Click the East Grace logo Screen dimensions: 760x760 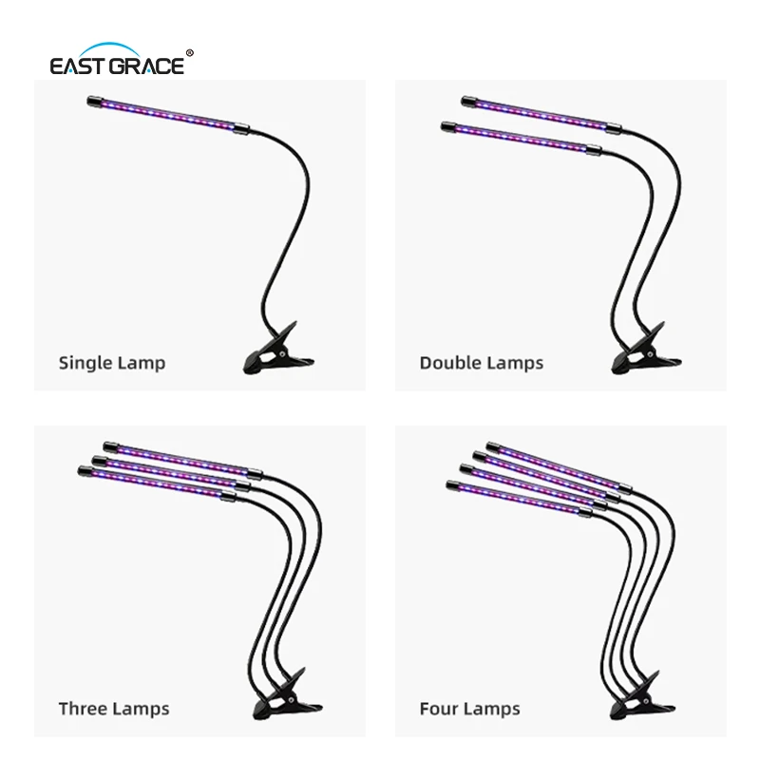[122, 59]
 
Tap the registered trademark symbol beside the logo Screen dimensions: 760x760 [189, 53]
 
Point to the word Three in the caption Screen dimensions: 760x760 [83, 709]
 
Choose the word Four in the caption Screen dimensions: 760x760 [438, 709]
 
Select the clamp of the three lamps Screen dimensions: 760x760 [287, 695]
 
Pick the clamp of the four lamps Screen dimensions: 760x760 [642, 695]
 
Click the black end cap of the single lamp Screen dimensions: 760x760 [93, 102]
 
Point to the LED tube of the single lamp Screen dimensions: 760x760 [168, 115]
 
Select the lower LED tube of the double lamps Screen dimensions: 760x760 [521, 138]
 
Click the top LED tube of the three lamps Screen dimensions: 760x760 [182, 459]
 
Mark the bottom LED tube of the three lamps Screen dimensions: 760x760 [157, 483]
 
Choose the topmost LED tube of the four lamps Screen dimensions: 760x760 [559, 465]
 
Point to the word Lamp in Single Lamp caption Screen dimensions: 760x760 [142, 364]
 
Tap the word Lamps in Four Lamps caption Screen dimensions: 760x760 [490, 709]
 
